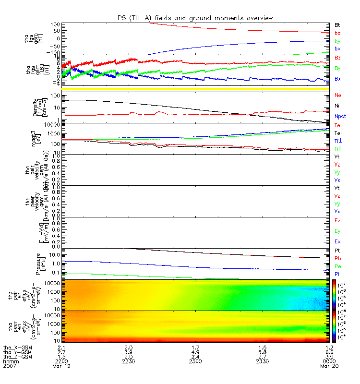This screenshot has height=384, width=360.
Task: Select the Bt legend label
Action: (337, 24)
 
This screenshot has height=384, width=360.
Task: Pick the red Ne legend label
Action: (338, 95)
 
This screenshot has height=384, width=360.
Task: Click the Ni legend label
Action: (337, 105)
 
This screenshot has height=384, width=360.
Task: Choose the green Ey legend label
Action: (337, 231)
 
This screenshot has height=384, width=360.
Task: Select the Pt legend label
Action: (337, 251)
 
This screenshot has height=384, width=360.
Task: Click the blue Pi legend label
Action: (337, 274)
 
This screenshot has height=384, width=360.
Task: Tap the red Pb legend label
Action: (337, 258)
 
